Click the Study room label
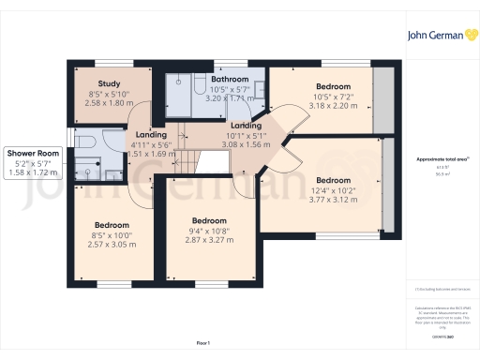(95, 82)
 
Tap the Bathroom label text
(229, 79)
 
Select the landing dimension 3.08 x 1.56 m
(246, 145)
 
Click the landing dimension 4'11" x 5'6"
(150, 144)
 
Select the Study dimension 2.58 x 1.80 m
(96, 103)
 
